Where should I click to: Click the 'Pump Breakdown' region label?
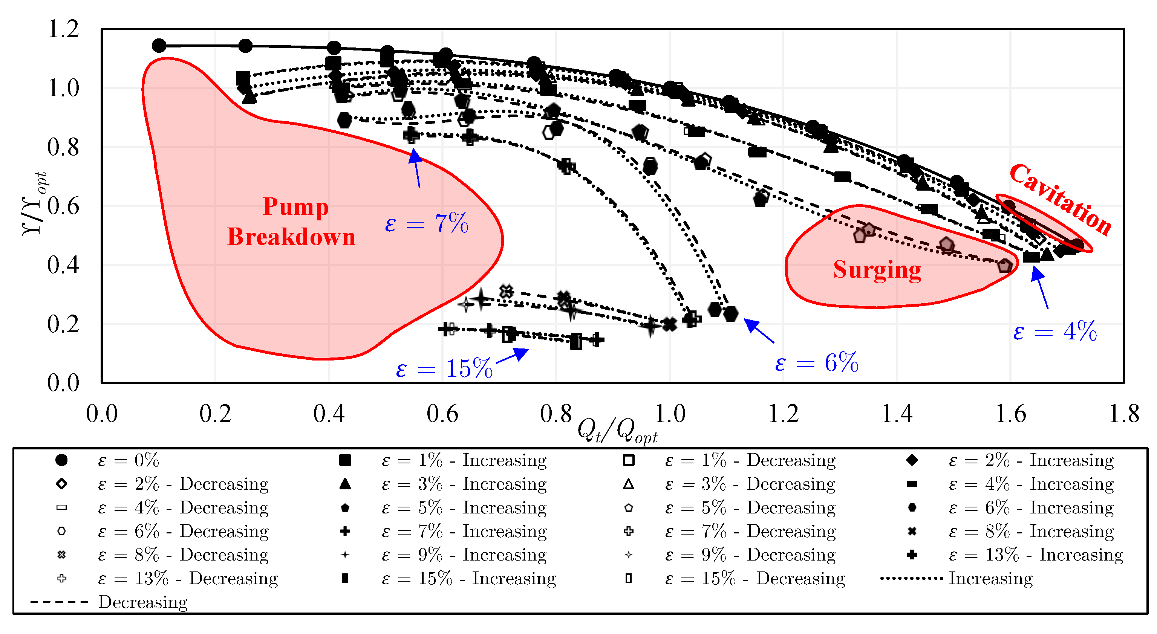click(292, 222)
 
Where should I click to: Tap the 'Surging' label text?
click(877, 269)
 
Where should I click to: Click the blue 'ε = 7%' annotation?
click(427, 223)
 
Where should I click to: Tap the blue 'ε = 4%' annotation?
click(1054, 332)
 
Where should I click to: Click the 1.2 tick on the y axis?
click(63, 29)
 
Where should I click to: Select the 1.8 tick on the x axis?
click(1124, 414)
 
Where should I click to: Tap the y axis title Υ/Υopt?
click(34, 204)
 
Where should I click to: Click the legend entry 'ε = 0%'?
click(129, 460)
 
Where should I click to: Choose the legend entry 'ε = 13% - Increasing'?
click(1036, 555)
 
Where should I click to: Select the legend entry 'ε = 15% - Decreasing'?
click(754, 578)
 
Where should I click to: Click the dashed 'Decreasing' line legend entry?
click(142, 602)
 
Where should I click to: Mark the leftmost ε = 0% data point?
click(159, 45)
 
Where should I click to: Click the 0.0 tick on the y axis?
click(63, 383)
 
